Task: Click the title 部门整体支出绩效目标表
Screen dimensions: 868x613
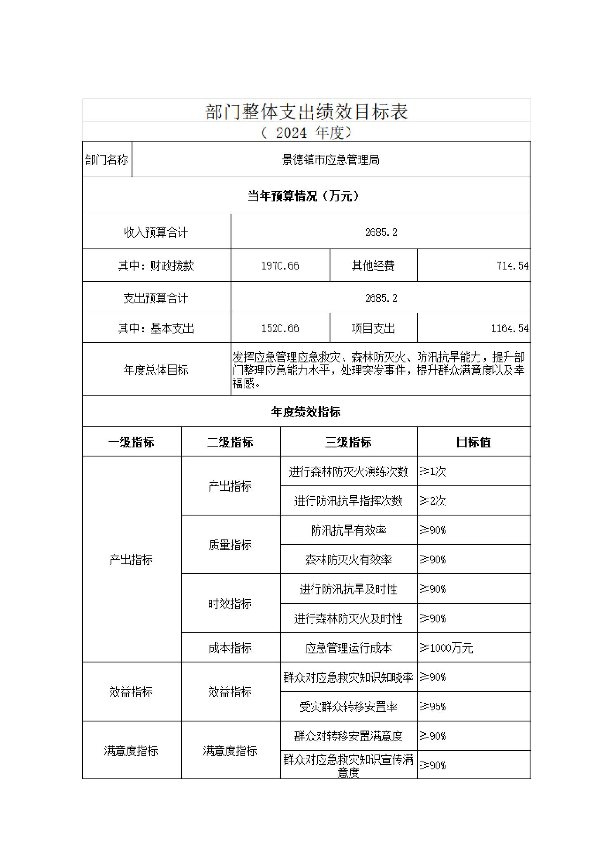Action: pyautogui.click(x=306, y=111)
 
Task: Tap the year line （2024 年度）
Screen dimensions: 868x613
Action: pyautogui.click(x=306, y=132)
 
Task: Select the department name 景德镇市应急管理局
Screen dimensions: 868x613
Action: pyautogui.click(x=330, y=160)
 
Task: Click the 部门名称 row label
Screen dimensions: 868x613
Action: pyautogui.click(x=106, y=160)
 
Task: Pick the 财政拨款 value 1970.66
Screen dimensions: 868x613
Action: pyautogui.click(x=280, y=266)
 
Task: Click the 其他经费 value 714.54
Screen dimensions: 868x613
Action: pyautogui.click(x=512, y=266)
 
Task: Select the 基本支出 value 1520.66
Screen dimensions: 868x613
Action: pyautogui.click(x=280, y=329)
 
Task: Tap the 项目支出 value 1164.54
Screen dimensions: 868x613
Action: pyautogui.click(x=509, y=329)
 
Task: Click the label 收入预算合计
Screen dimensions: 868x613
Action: pyautogui.click(x=156, y=232)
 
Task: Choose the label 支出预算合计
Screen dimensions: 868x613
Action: pyautogui.click(x=156, y=298)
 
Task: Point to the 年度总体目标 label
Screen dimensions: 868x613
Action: pyautogui.click(x=156, y=370)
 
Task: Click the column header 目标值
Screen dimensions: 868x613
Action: pyautogui.click(x=473, y=442)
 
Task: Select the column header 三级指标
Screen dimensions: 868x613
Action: pyautogui.click(x=348, y=442)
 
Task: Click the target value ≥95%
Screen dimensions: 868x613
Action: pyautogui.click(x=433, y=707)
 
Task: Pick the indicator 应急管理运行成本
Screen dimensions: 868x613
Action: pyautogui.click(x=348, y=648)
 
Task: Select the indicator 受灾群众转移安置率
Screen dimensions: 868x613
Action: pyautogui.click(x=348, y=707)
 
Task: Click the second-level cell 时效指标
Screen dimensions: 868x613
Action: pyautogui.click(x=230, y=604)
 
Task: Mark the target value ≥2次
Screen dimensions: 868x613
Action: pyautogui.click(x=433, y=501)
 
